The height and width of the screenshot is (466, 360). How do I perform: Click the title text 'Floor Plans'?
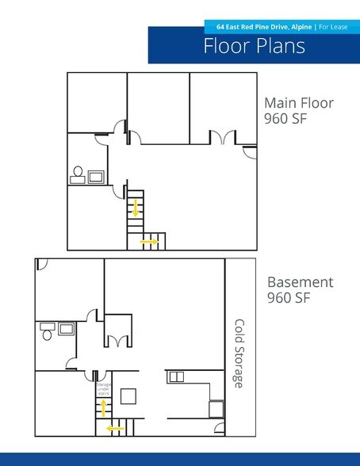[254, 46]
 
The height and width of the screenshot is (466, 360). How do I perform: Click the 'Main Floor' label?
[299, 103]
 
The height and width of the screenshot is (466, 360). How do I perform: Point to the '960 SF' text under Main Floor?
[285, 119]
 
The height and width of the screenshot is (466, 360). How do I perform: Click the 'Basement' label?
[300, 282]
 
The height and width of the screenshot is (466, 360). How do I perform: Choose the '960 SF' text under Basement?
[287, 299]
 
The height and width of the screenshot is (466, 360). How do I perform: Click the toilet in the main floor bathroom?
[79, 173]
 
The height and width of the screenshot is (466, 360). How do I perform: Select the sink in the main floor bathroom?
[97, 176]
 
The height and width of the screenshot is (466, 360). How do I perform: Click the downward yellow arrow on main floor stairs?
[136, 208]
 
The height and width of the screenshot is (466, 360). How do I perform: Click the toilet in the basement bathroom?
[48, 333]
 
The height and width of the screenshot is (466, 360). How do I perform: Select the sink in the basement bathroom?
[65, 327]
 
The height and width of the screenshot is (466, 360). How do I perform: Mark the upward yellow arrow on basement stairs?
[102, 407]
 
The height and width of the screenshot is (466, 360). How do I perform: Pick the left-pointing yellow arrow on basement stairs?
[116, 429]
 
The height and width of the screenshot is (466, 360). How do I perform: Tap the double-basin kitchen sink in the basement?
[176, 376]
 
